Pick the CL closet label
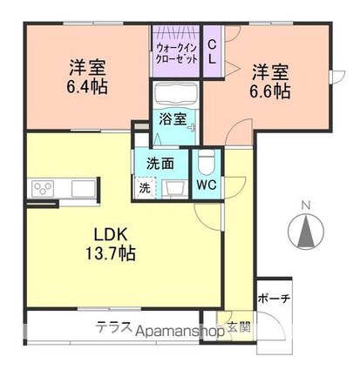coord(213,49)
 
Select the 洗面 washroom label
coord(160,162)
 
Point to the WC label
coord(206,185)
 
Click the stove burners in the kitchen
coord(42,188)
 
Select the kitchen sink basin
coord(80,188)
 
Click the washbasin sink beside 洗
coord(169,185)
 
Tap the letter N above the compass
coord(304,205)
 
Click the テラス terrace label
coord(114,328)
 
